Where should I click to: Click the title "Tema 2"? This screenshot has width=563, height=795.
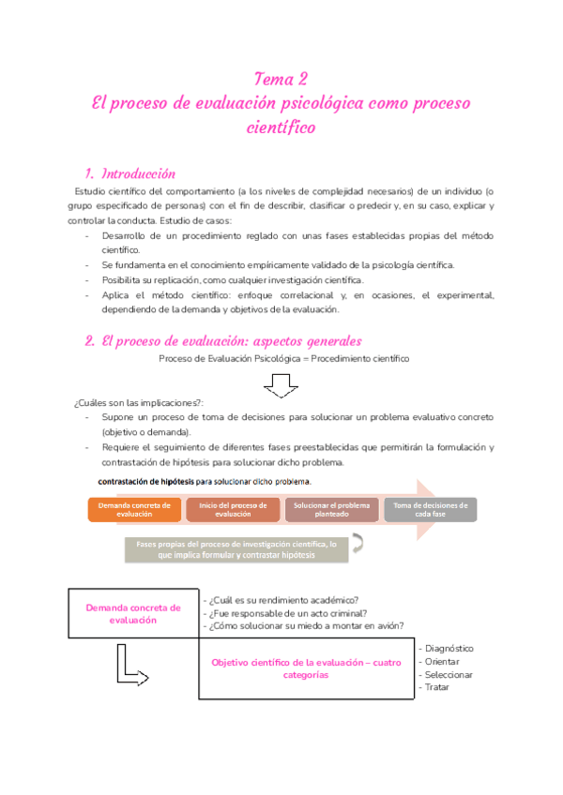coord(281,78)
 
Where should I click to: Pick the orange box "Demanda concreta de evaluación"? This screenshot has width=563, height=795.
coord(135,509)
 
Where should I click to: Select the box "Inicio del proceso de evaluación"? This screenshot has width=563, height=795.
coord(233,509)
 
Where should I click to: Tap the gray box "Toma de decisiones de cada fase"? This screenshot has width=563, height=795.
coord(431,509)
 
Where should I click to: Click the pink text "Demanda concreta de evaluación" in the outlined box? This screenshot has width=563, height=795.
coord(133,613)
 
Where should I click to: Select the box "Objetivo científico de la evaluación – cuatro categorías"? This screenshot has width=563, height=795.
coord(307,668)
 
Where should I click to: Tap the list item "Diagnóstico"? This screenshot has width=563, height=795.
coord(449,648)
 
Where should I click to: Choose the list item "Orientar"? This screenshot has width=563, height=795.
coord(442,661)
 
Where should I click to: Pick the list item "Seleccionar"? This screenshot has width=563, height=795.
coord(448,674)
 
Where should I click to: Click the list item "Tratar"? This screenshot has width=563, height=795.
coord(436,687)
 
